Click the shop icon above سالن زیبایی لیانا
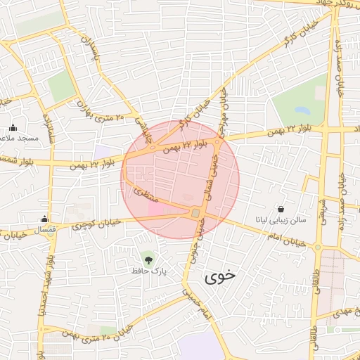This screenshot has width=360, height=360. [x=281, y=209]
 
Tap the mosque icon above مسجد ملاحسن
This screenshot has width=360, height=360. [x=13, y=127]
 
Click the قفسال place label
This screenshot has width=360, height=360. [x=45, y=230]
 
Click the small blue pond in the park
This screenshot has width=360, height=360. [x=303, y=111]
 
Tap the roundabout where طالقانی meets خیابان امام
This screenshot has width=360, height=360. [x=318, y=247]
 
